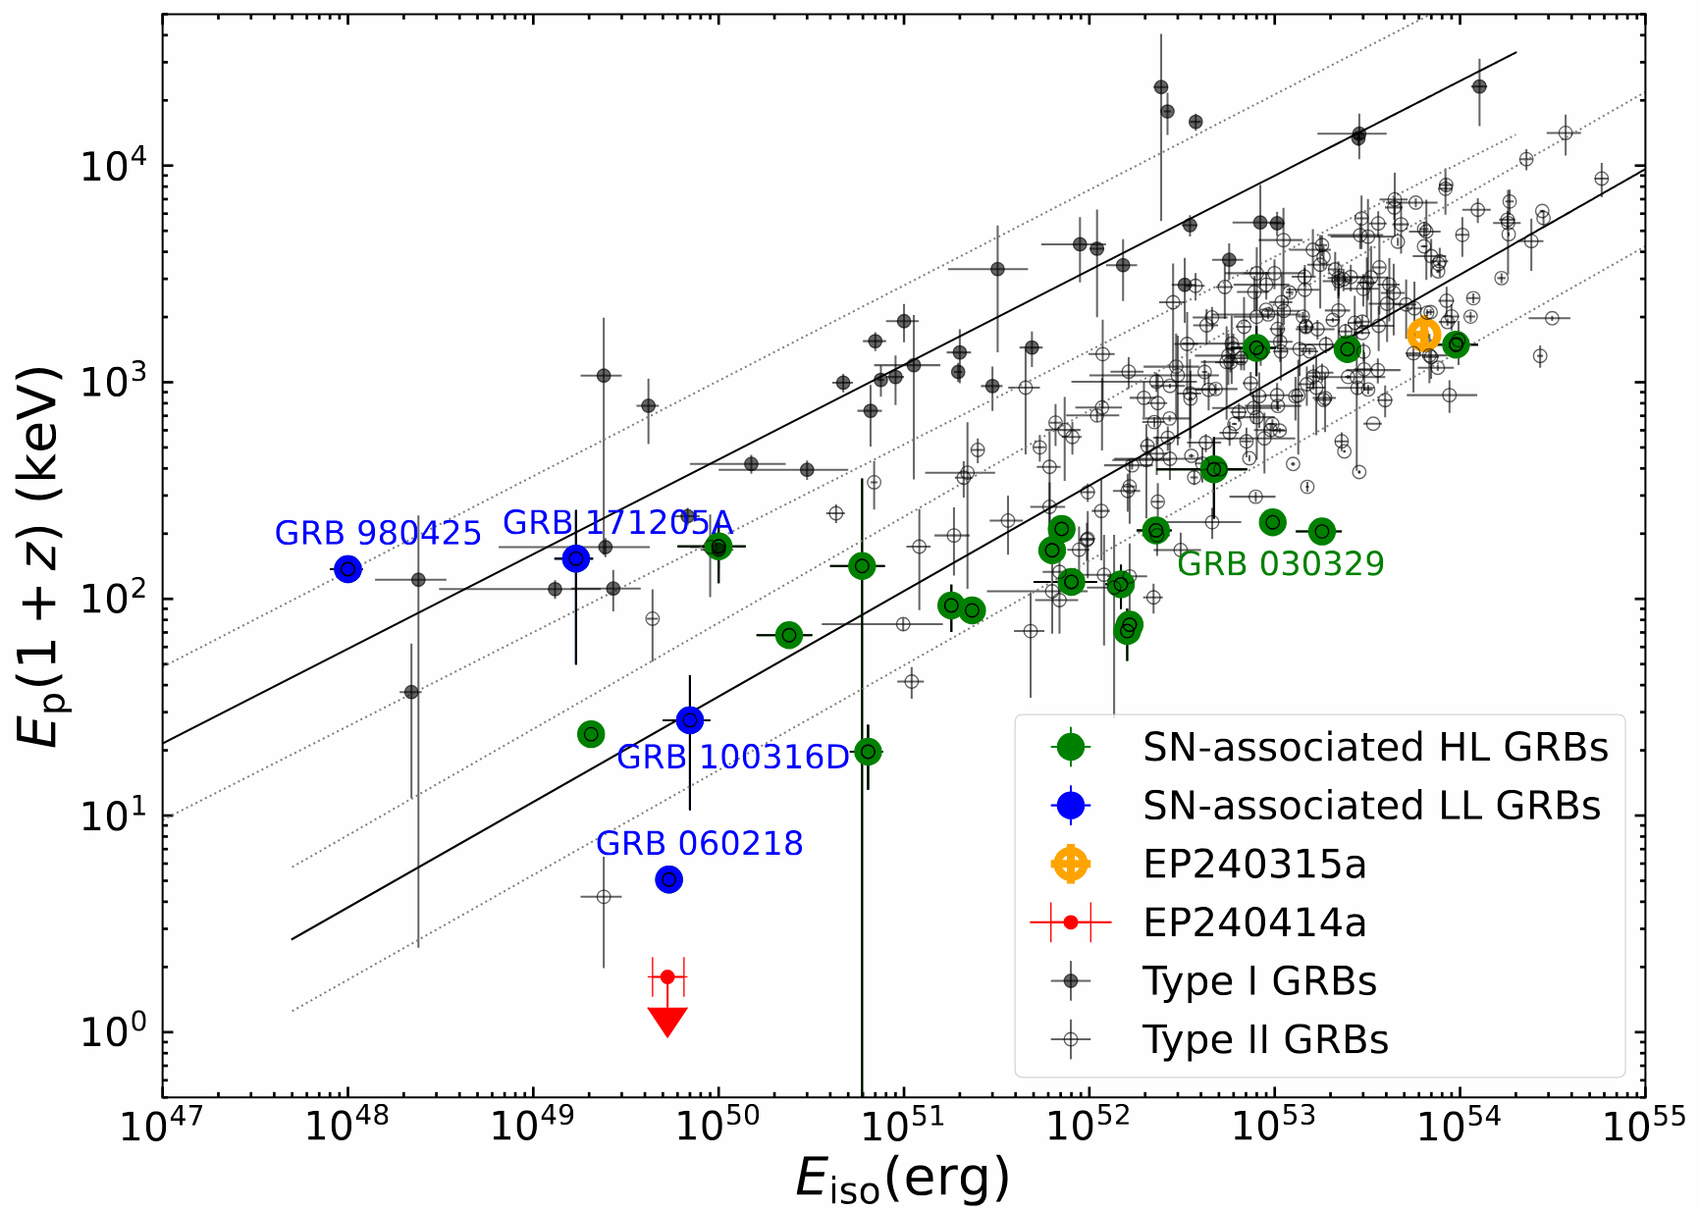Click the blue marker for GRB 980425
tap(347, 569)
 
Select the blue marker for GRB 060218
tap(668, 879)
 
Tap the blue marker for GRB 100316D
tap(690, 720)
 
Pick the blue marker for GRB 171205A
tap(576, 558)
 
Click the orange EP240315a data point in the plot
tap(1423, 335)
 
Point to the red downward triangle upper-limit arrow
tap(667, 1021)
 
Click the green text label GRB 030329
tap(1280, 564)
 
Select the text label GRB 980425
tap(378, 533)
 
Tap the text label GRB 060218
tap(699, 843)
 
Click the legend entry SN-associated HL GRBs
tap(1374, 748)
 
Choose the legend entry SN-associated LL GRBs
tap(1371, 806)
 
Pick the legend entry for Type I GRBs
tap(1259, 980)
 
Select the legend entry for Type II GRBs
tap(1265, 1039)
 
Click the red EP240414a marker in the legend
tap(1070, 922)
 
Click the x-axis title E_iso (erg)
tap(902, 1178)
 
